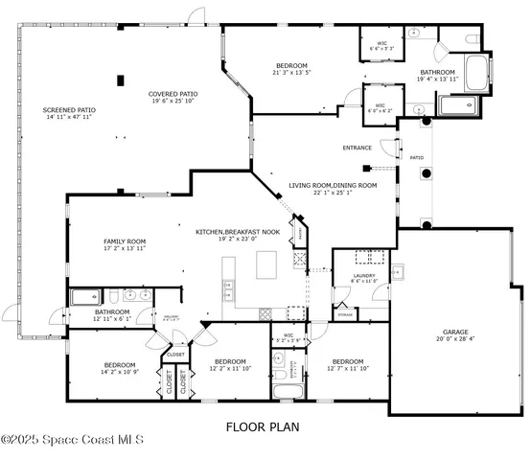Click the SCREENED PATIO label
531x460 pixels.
(69, 110)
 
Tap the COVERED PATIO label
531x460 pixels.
(172, 94)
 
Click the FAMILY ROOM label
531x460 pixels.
(125, 241)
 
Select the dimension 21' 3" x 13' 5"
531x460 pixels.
(291, 73)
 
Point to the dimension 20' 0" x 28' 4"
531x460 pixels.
(455, 337)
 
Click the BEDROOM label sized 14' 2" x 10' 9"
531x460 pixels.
(120, 364)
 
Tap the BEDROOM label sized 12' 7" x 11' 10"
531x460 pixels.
(346, 361)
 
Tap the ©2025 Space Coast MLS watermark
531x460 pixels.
(72, 440)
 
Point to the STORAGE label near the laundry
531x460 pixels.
(345, 314)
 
